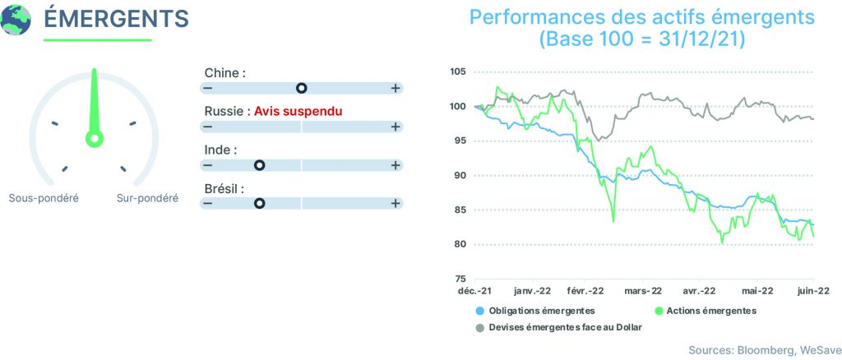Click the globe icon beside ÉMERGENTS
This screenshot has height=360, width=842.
(x=16, y=20)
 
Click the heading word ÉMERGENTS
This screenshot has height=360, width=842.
(x=116, y=18)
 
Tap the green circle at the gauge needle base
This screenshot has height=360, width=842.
(x=95, y=139)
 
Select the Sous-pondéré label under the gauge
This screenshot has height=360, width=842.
(x=44, y=198)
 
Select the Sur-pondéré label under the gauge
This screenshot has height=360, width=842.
(x=148, y=198)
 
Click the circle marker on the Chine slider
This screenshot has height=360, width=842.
(x=302, y=88)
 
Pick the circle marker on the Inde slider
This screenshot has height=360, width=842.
(x=260, y=165)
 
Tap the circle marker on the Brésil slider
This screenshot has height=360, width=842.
(x=260, y=203)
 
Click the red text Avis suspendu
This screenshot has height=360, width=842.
(x=298, y=112)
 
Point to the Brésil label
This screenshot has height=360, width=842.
(x=224, y=189)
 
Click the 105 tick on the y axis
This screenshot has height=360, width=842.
(x=459, y=72)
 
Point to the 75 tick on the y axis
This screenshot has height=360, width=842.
(x=461, y=279)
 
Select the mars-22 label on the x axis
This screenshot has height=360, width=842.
(x=643, y=291)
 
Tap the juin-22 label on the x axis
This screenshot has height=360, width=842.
(x=813, y=291)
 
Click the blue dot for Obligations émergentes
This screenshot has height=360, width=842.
(x=480, y=311)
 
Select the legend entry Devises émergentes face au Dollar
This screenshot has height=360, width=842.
(x=559, y=327)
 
